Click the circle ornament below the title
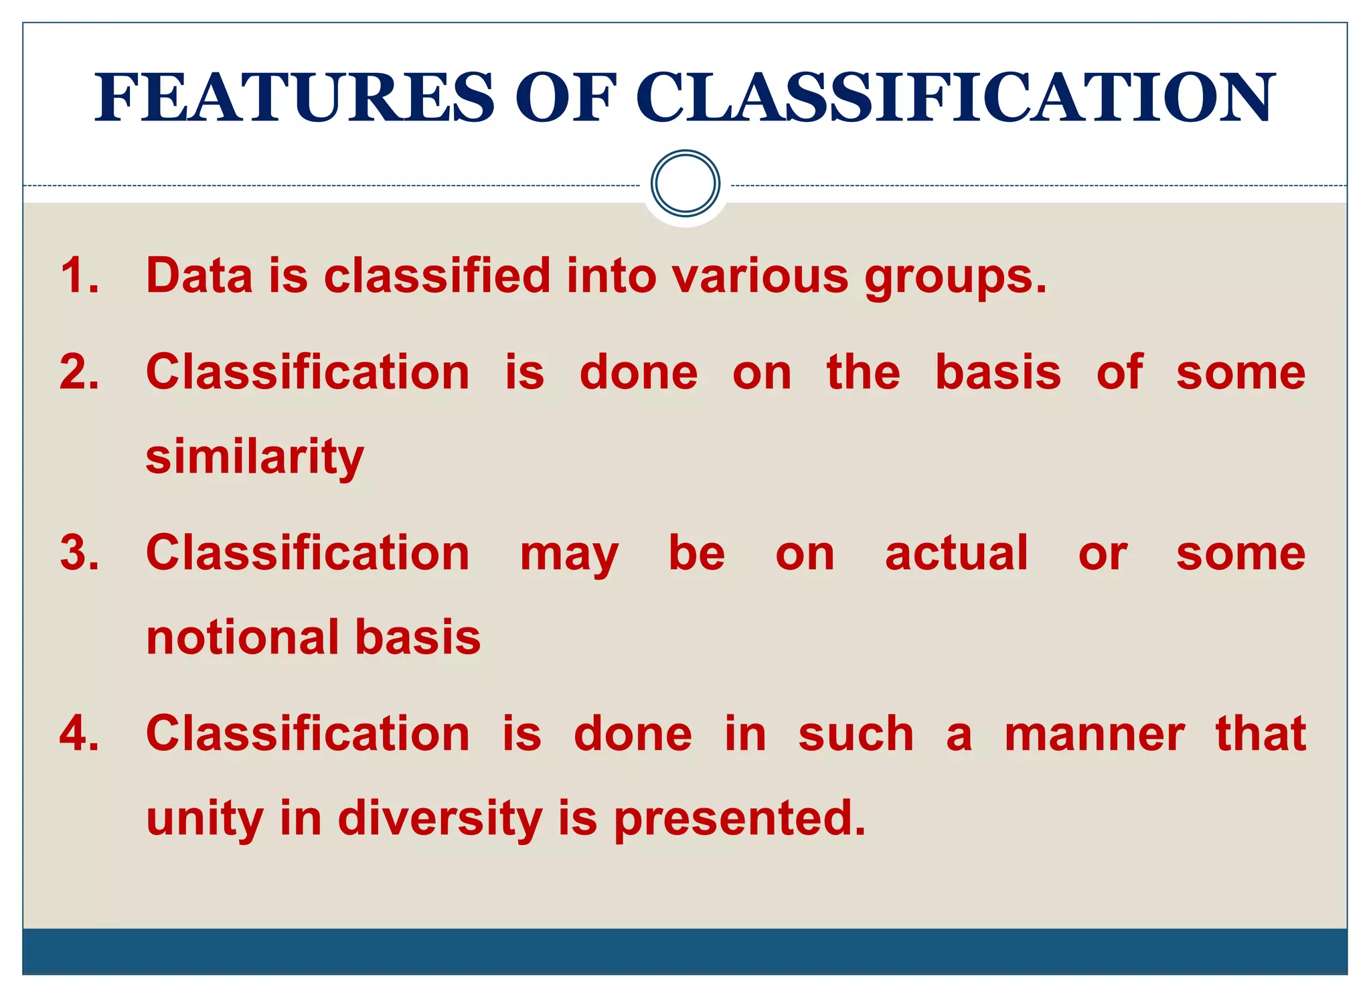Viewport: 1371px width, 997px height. coord(685,183)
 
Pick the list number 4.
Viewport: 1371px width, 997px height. coord(79,734)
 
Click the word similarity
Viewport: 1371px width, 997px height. coord(254,458)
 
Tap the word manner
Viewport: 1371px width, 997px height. coord(1094,735)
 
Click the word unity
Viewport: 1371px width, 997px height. coord(204,820)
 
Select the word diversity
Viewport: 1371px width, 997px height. coord(440,820)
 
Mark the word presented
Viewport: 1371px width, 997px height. coord(739,820)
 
